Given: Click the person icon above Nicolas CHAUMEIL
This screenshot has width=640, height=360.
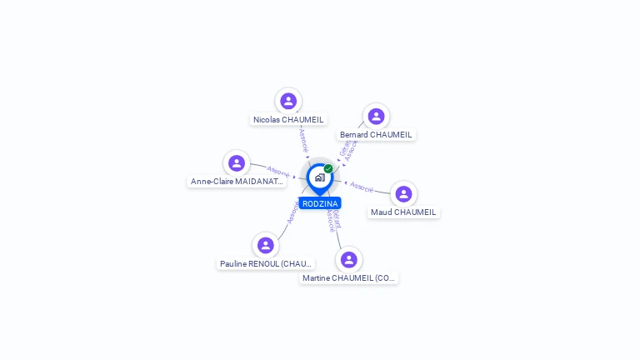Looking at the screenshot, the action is pyautogui.click(x=288, y=101).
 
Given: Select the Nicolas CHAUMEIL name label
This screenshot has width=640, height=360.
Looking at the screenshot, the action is pyautogui.click(x=288, y=119).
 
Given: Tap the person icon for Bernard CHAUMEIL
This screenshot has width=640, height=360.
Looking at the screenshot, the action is pyautogui.click(x=376, y=116).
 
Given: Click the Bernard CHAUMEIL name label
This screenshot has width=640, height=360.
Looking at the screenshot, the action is pyautogui.click(x=376, y=134).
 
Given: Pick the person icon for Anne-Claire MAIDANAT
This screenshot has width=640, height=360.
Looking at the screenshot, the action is pyautogui.click(x=237, y=162).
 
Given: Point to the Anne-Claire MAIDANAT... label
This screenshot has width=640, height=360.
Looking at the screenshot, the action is pyautogui.click(x=237, y=181).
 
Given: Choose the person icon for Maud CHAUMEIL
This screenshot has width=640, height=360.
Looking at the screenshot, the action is pyautogui.click(x=403, y=193).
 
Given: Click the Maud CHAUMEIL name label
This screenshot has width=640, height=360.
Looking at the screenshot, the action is pyautogui.click(x=403, y=212).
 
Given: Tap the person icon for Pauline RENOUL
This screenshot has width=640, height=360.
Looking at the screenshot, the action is pyautogui.click(x=266, y=245).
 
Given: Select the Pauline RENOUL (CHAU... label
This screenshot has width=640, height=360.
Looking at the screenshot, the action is pyautogui.click(x=266, y=263).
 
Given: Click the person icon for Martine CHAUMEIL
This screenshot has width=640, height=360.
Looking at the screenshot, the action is pyautogui.click(x=349, y=259).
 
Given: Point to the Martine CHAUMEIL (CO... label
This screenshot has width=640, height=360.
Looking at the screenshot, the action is pyautogui.click(x=349, y=277).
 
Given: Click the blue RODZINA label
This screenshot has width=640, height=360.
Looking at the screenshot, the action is pyautogui.click(x=320, y=203).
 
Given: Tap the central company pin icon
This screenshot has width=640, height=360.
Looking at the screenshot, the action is pyautogui.click(x=319, y=177).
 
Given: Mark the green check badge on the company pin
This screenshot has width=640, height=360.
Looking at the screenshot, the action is pyautogui.click(x=328, y=168).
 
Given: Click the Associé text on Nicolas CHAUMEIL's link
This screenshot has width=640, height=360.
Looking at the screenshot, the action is pyautogui.click(x=303, y=139).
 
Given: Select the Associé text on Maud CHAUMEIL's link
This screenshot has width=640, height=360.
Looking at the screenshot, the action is pyautogui.click(x=362, y=186).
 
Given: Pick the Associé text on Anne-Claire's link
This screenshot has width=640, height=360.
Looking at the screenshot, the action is pyautogui.click(x=278, y=172).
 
